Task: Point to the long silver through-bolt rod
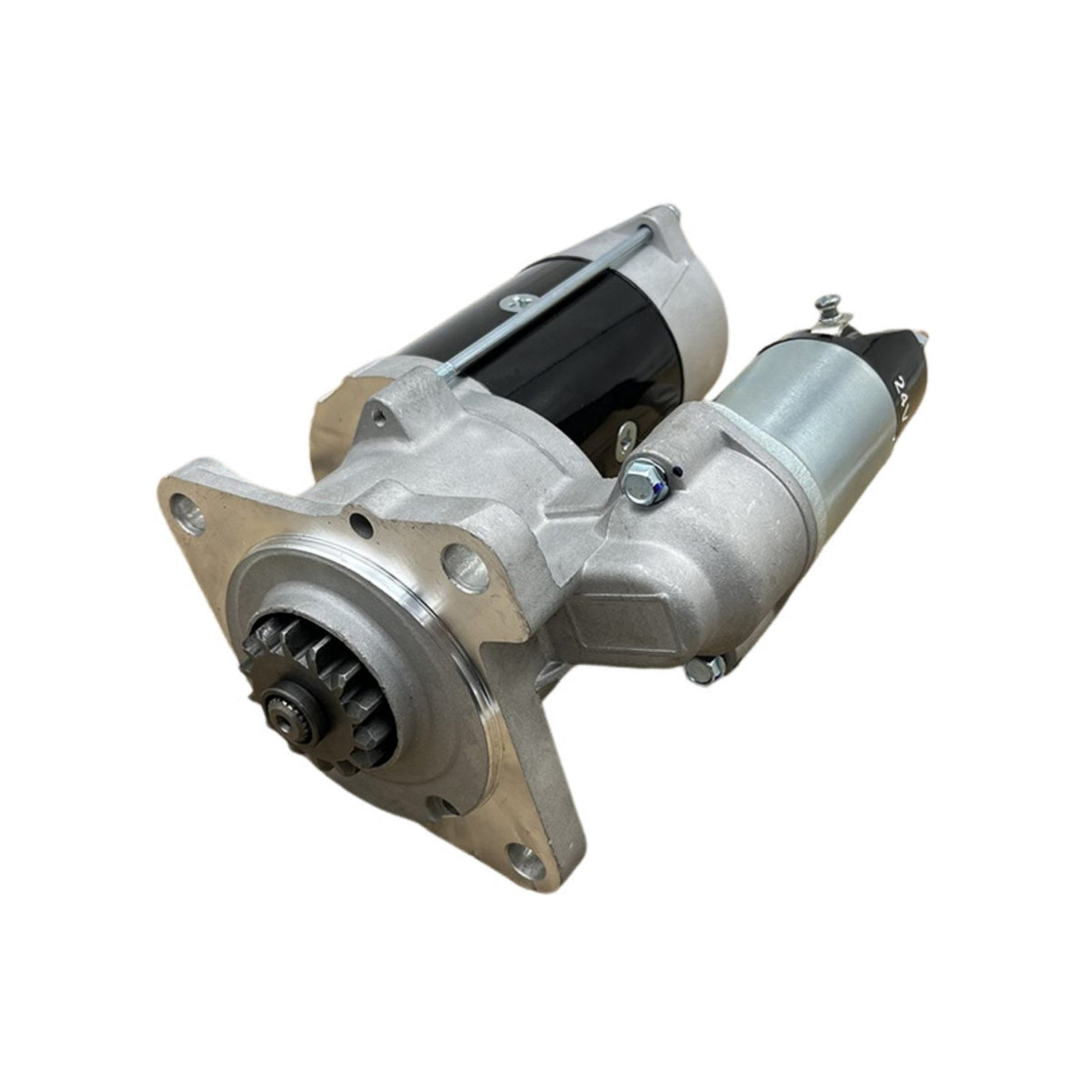(545, 305)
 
